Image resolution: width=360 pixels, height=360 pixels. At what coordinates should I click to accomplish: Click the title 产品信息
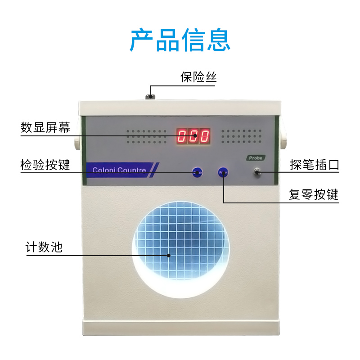180,40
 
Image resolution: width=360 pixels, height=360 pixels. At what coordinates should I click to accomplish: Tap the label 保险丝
198,77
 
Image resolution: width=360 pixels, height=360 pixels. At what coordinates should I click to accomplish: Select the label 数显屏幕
45,127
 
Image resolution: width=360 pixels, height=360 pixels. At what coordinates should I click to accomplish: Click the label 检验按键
45,165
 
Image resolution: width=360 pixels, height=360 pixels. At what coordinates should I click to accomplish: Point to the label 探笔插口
314,165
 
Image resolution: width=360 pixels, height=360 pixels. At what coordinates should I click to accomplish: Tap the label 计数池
44,247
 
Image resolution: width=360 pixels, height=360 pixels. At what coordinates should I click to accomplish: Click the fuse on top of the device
150,96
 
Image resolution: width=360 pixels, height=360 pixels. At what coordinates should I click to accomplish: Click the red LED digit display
193,135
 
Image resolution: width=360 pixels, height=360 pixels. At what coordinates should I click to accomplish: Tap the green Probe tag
255,158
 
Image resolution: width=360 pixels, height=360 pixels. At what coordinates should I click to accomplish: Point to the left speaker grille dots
147,136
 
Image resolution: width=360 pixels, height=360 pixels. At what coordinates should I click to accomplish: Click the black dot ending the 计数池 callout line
169,255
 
